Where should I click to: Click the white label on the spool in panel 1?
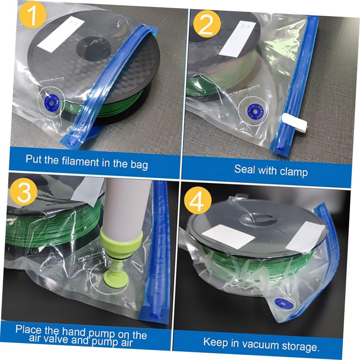coord(58,34)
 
